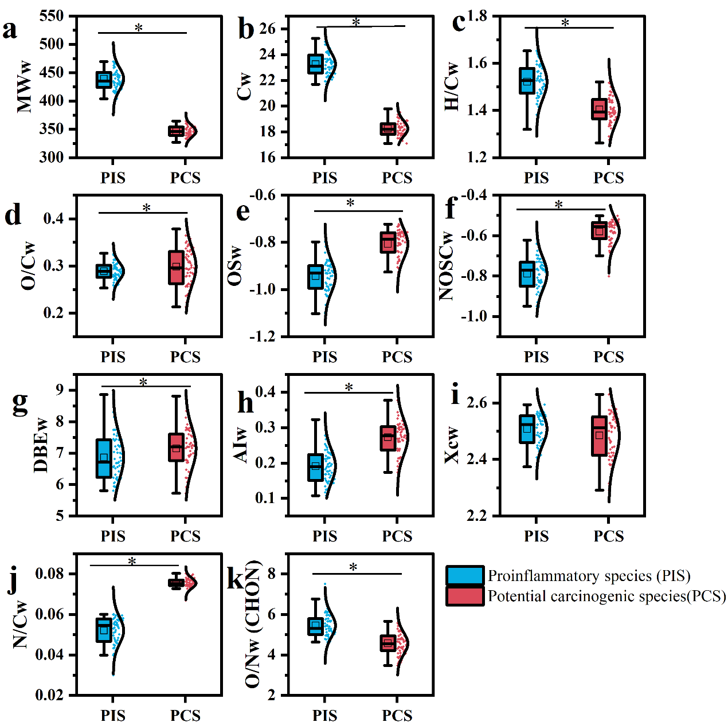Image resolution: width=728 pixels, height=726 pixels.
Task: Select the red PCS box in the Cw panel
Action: (x=388, y=129)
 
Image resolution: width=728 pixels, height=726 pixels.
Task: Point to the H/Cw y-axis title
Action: (x=452, y=86)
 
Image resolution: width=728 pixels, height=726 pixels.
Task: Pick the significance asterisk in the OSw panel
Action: (x=350, y=203)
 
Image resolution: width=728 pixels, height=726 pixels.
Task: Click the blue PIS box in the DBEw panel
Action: (x=104, y=458)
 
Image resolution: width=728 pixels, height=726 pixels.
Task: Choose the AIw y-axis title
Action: (x=241, y=444)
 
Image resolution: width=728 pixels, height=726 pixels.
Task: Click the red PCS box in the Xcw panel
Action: (x=600, y=436)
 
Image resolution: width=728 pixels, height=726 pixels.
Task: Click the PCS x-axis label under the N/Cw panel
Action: (x=185, y=715)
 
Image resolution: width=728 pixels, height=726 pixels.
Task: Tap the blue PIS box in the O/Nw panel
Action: (x=315, y=625)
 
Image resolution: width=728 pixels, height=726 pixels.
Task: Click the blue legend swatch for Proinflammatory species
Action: (x=465, y=575)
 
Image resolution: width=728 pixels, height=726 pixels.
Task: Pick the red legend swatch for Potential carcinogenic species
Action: (x=465, y=596)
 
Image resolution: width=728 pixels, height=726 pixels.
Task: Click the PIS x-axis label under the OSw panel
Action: (x=324, y=357)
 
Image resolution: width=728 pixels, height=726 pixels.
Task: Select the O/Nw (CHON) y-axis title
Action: (x=253, y=625)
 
